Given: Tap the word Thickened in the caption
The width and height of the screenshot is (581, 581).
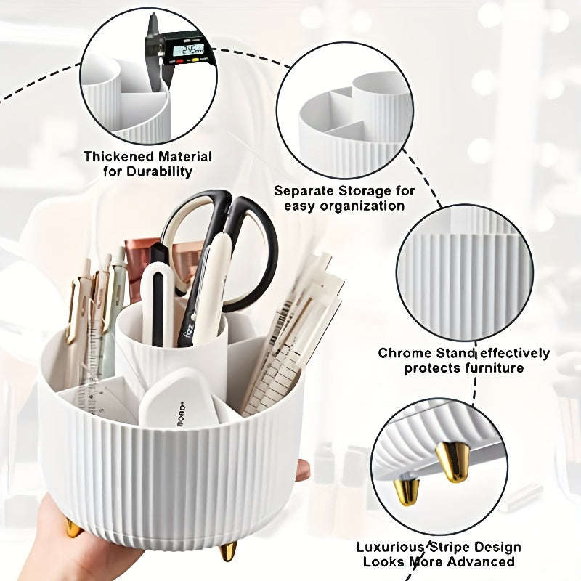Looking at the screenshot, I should [117, 156].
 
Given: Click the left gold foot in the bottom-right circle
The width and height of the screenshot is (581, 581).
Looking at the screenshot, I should [410, 489].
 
